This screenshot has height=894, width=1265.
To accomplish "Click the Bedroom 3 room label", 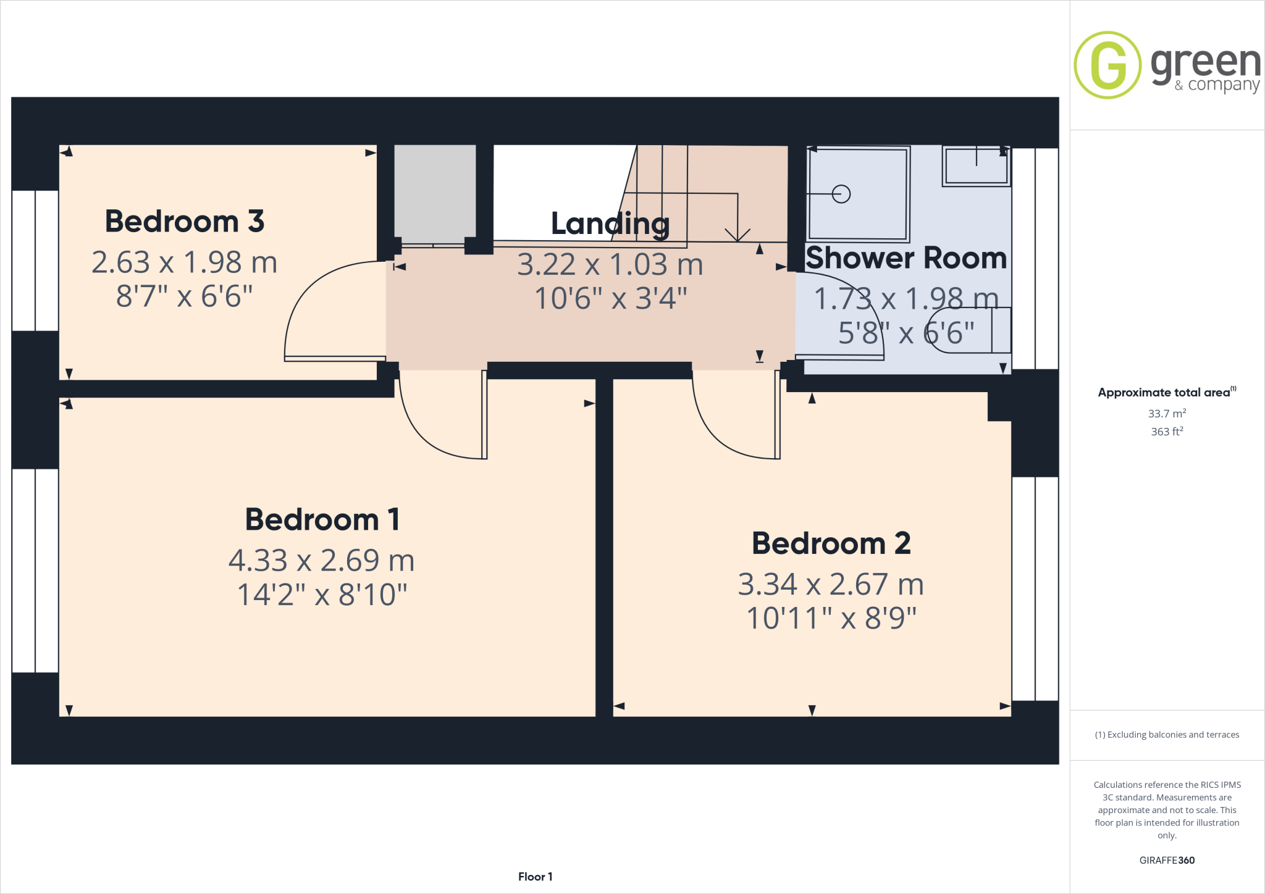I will [185, 221].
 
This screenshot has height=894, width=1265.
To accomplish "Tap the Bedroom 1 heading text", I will [322, 519].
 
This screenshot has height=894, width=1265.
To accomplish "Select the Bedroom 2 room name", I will [831, 543].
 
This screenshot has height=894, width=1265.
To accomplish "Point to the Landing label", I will [610, 223].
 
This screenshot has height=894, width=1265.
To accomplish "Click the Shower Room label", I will [906, 257].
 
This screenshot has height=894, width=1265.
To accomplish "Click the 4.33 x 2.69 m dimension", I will [321, 560].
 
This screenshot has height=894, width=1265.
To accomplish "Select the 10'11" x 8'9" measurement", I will [831, 618].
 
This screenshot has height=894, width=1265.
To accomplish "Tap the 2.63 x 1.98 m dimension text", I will [185, 262].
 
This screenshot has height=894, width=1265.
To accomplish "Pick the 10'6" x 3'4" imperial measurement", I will [610, 298].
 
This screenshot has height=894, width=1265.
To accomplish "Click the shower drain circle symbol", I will [841, 194].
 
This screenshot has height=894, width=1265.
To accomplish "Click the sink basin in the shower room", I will [976, 165].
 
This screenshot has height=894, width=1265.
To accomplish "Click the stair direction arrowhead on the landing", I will [738, 235].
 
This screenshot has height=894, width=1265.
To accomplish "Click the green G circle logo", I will [1107, 65].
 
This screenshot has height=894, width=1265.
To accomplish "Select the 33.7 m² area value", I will [1166, 413].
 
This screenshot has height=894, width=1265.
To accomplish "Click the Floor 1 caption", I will [535, 877].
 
